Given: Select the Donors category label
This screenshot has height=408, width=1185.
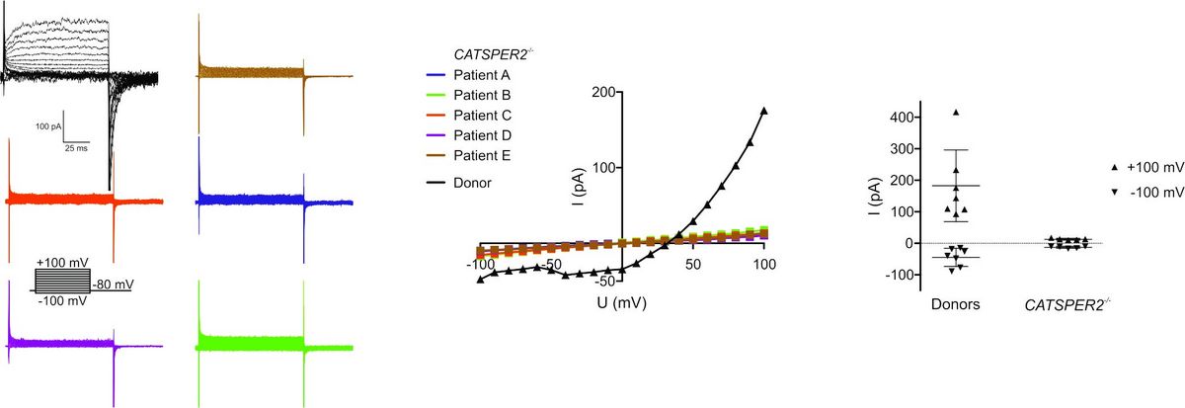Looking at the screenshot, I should (955, 304).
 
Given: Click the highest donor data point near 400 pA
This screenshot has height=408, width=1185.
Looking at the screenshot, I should (956, 113).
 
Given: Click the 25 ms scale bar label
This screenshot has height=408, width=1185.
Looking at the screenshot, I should (75, 149).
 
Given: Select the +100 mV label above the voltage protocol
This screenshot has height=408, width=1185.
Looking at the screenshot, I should (61, 262).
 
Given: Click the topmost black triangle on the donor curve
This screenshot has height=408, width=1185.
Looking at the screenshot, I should (763, 111).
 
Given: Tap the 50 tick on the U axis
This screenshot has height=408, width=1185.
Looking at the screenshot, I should (693, 264).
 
